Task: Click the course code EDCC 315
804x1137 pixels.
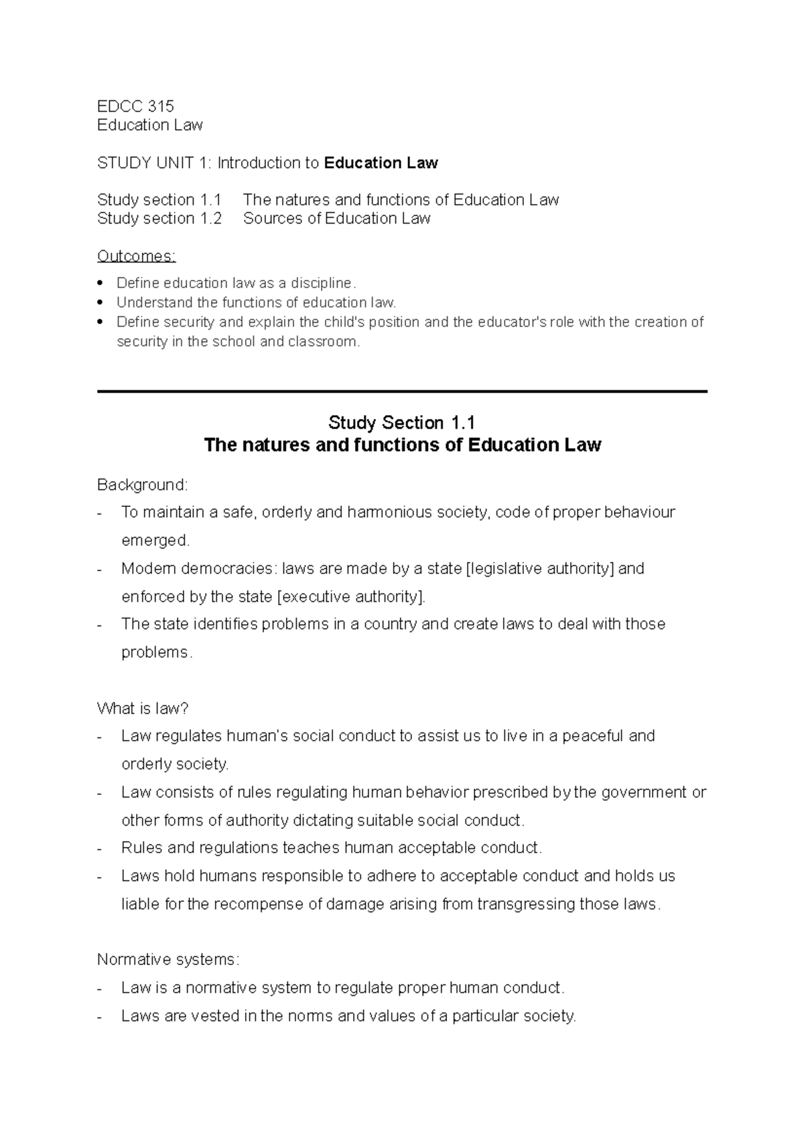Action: tap(135, 106)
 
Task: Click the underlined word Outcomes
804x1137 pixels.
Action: tap(136, 256)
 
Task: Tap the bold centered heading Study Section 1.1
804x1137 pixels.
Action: tap(401, 423)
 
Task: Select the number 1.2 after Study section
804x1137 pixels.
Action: tap(210, 219)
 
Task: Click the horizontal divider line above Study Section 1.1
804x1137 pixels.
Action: tap(402, 391)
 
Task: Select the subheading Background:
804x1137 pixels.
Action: tap(143, 485)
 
